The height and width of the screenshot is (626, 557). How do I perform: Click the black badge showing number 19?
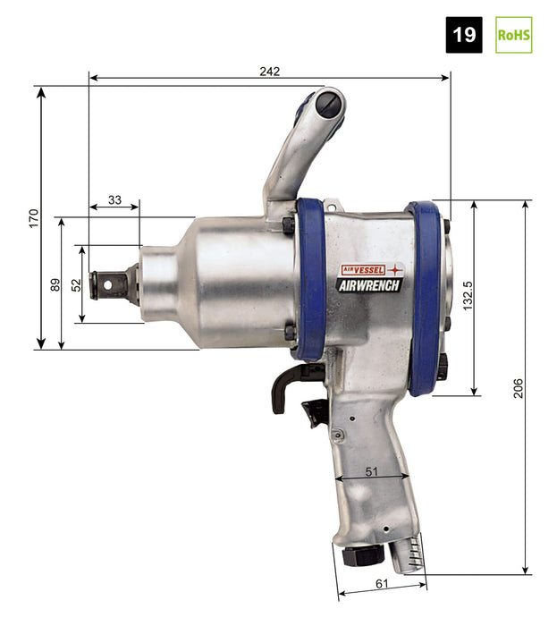coord(464,35)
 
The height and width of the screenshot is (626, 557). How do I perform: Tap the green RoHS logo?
coord(513,35)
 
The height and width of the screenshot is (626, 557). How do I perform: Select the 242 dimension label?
coord(270,72)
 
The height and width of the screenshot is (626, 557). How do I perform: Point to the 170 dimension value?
coord(34,218)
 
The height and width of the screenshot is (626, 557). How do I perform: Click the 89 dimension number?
coord(55,284)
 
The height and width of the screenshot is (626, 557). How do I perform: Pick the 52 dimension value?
coord(76,285)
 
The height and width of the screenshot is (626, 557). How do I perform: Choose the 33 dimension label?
coord(114,199)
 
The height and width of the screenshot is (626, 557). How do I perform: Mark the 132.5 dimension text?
coord(468,296)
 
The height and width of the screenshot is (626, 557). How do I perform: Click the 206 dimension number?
coord(518,388)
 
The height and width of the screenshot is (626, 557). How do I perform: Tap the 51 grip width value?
coord(371,471)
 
